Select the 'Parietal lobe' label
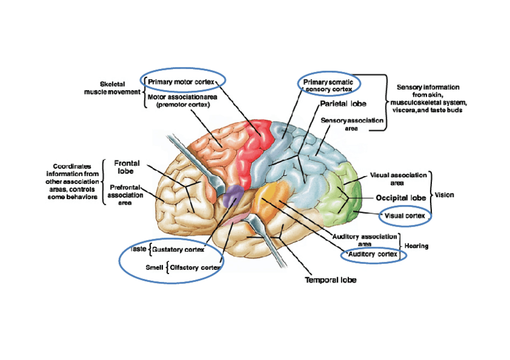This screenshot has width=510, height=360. pos(343,103)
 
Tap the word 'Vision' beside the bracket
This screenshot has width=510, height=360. pos(444,195)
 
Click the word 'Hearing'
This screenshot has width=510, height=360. pos(416,246)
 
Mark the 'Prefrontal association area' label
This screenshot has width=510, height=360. pos(126,195)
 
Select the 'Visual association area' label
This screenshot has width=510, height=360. pos(398,178)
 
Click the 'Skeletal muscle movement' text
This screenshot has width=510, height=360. pos(112,88)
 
